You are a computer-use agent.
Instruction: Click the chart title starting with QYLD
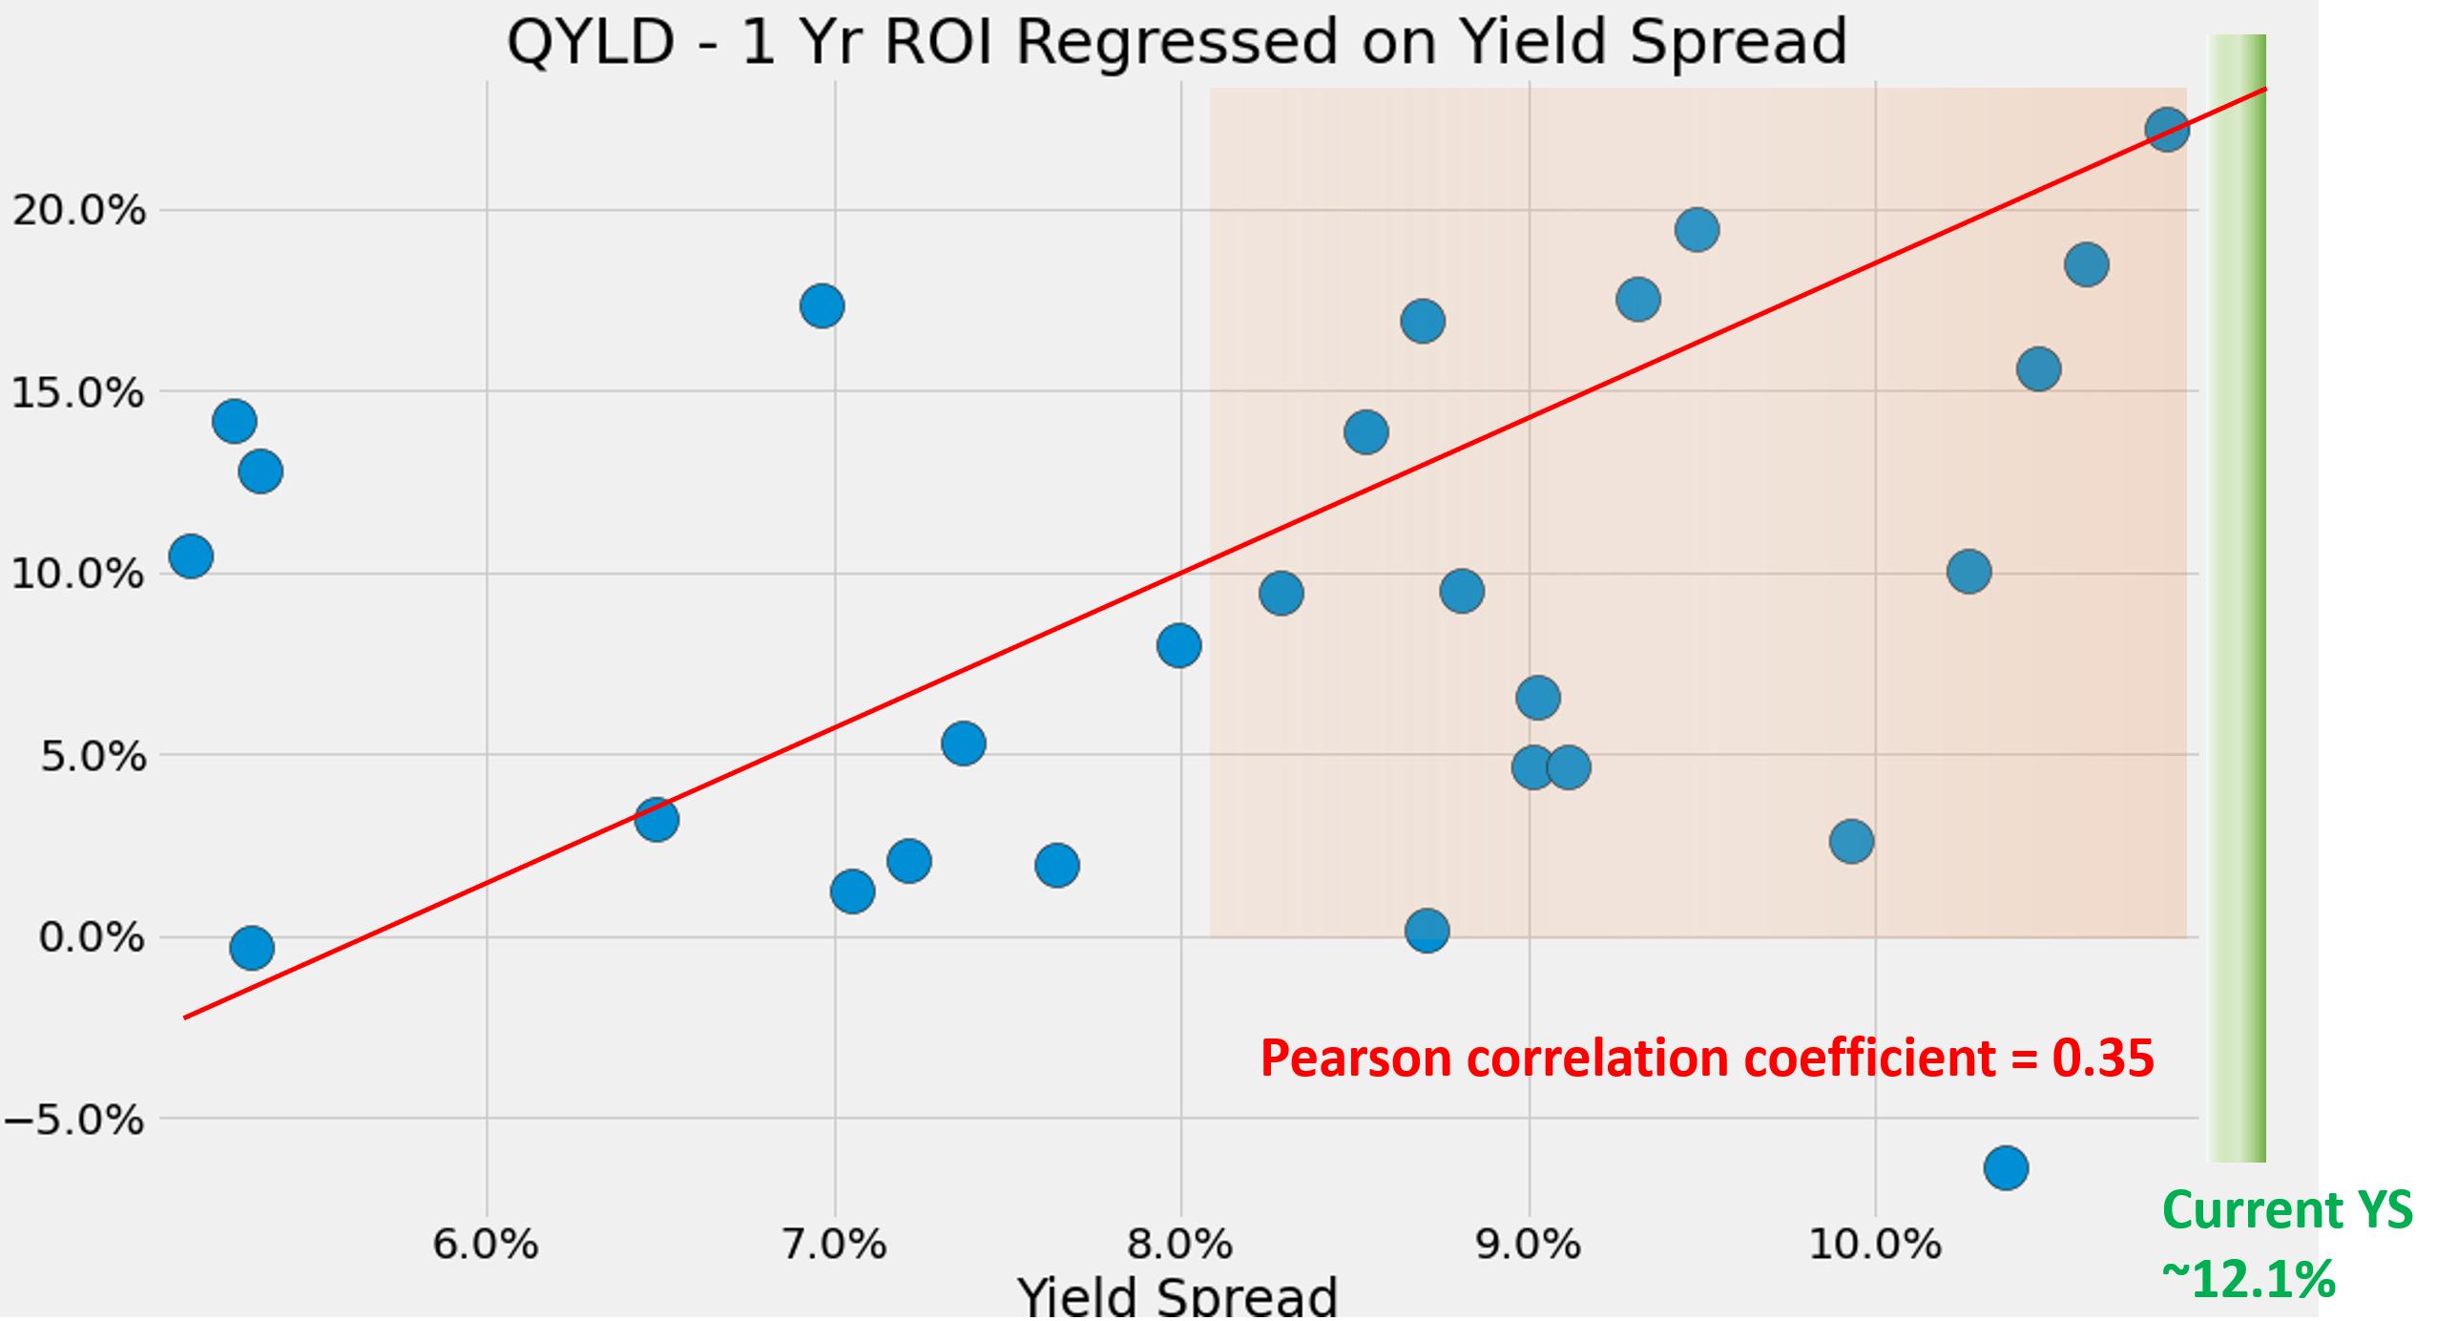tap(1176, 42)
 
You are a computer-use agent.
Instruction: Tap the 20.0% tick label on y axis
tap(79, 210)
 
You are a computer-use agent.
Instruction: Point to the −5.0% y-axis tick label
tap(74, 1120)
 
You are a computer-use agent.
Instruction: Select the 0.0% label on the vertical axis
tap(92, 937)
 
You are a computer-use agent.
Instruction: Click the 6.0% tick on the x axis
tap(486, 1245)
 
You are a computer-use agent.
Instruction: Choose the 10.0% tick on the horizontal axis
tap(1875, 1245)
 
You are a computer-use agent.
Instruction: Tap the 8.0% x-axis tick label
tap(1180, 1245)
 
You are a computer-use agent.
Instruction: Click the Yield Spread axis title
tap(1177, 1296)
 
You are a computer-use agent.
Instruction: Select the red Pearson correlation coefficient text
tap(1706, 1059)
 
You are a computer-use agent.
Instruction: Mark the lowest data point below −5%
tap(2006, 1167)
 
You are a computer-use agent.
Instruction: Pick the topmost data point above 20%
tap(2166, 129)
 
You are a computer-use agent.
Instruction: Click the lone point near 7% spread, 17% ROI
tap(822, 305)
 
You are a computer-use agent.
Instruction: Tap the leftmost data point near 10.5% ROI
tap(191, 556)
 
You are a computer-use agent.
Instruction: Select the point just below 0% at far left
tap(251, 948)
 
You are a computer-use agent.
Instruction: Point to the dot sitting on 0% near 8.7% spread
tap(1427, 930)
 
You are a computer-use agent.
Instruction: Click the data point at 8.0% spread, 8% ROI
tap(1178, 646)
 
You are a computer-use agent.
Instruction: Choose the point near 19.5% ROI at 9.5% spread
tap(1697, 230)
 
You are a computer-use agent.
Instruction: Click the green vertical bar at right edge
tap(2238, 598)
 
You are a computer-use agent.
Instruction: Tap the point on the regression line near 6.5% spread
tap(656, 819)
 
